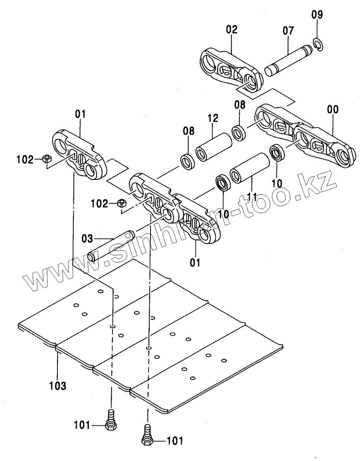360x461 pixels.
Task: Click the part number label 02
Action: pyautogui.click(x=232, y=30)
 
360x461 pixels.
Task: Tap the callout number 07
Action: pyautogui.click(x=288, y=31)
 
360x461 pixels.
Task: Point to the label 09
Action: pyautogui.click(x=317, y=16)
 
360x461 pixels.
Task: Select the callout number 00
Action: pyautogui.click(x=332, y=110)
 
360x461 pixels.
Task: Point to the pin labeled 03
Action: pyautogui.click(x=110, y=247)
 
